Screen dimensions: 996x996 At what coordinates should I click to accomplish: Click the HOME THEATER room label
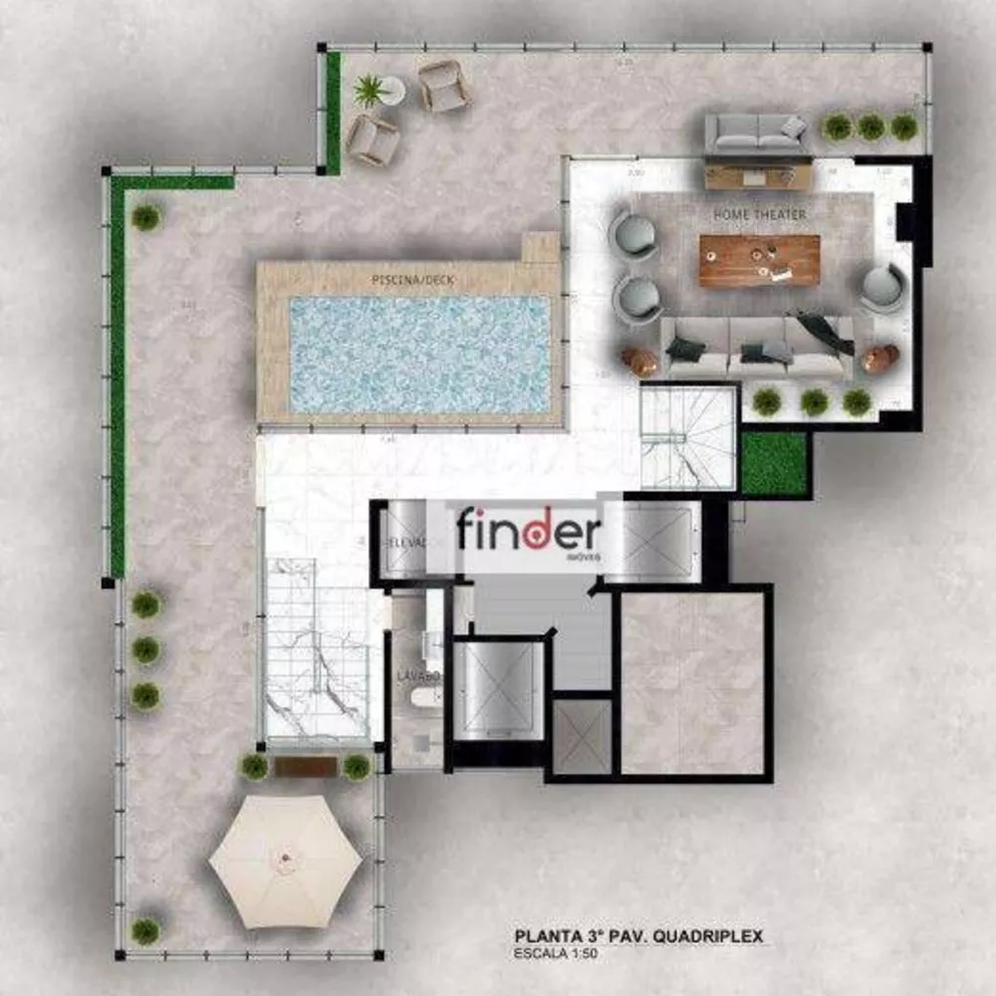click(x=759, y=214)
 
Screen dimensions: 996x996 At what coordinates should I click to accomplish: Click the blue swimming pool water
click(x=419, y=354)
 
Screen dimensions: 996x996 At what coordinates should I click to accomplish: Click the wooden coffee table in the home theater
click(x=759, y=260)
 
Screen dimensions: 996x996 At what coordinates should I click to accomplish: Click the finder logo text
click(x=529, y=532)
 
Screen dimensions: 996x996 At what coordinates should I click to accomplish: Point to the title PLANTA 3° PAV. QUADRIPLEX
click(x=638, y=936)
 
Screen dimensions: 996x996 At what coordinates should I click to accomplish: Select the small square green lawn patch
click(x=774, y=464)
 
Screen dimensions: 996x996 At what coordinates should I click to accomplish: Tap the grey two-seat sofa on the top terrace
click(x=757, y=131)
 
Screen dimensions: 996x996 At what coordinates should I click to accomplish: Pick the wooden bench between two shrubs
click(x=306, y=766)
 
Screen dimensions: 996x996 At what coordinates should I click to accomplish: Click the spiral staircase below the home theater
click(x=686, y=437)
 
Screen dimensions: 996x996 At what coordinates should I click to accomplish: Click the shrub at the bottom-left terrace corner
click(x=145, y=930)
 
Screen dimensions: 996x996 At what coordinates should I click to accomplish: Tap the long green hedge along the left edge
click(x=118, y=378)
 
